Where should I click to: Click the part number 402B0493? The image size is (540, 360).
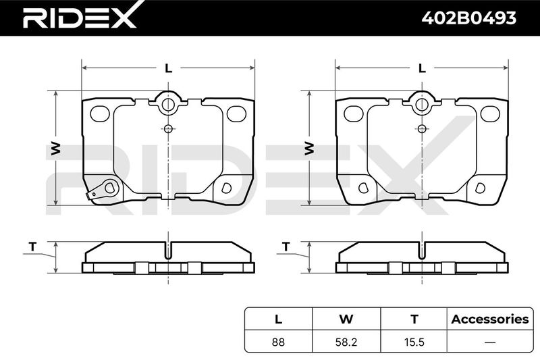469,18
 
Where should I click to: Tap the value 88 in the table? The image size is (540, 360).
278,342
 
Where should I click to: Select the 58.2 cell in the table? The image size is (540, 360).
346,342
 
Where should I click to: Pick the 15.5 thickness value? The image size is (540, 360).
414,342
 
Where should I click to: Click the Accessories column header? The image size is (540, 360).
490,319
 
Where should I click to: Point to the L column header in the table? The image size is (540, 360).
278,319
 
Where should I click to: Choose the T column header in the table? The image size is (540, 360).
414,319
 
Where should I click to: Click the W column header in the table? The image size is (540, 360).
346,319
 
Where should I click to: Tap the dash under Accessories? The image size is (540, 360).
490,342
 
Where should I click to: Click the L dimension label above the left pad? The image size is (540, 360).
168,68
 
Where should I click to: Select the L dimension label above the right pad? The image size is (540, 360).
422,68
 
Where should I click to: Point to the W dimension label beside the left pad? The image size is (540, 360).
56,148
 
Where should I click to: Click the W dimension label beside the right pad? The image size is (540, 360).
309,148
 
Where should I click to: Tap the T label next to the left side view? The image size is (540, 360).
32,247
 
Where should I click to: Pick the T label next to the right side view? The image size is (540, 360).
286,247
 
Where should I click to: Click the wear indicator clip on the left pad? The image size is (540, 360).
103,190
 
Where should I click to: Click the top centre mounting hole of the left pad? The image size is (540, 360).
167,105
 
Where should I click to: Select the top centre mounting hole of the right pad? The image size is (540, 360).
421,105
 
